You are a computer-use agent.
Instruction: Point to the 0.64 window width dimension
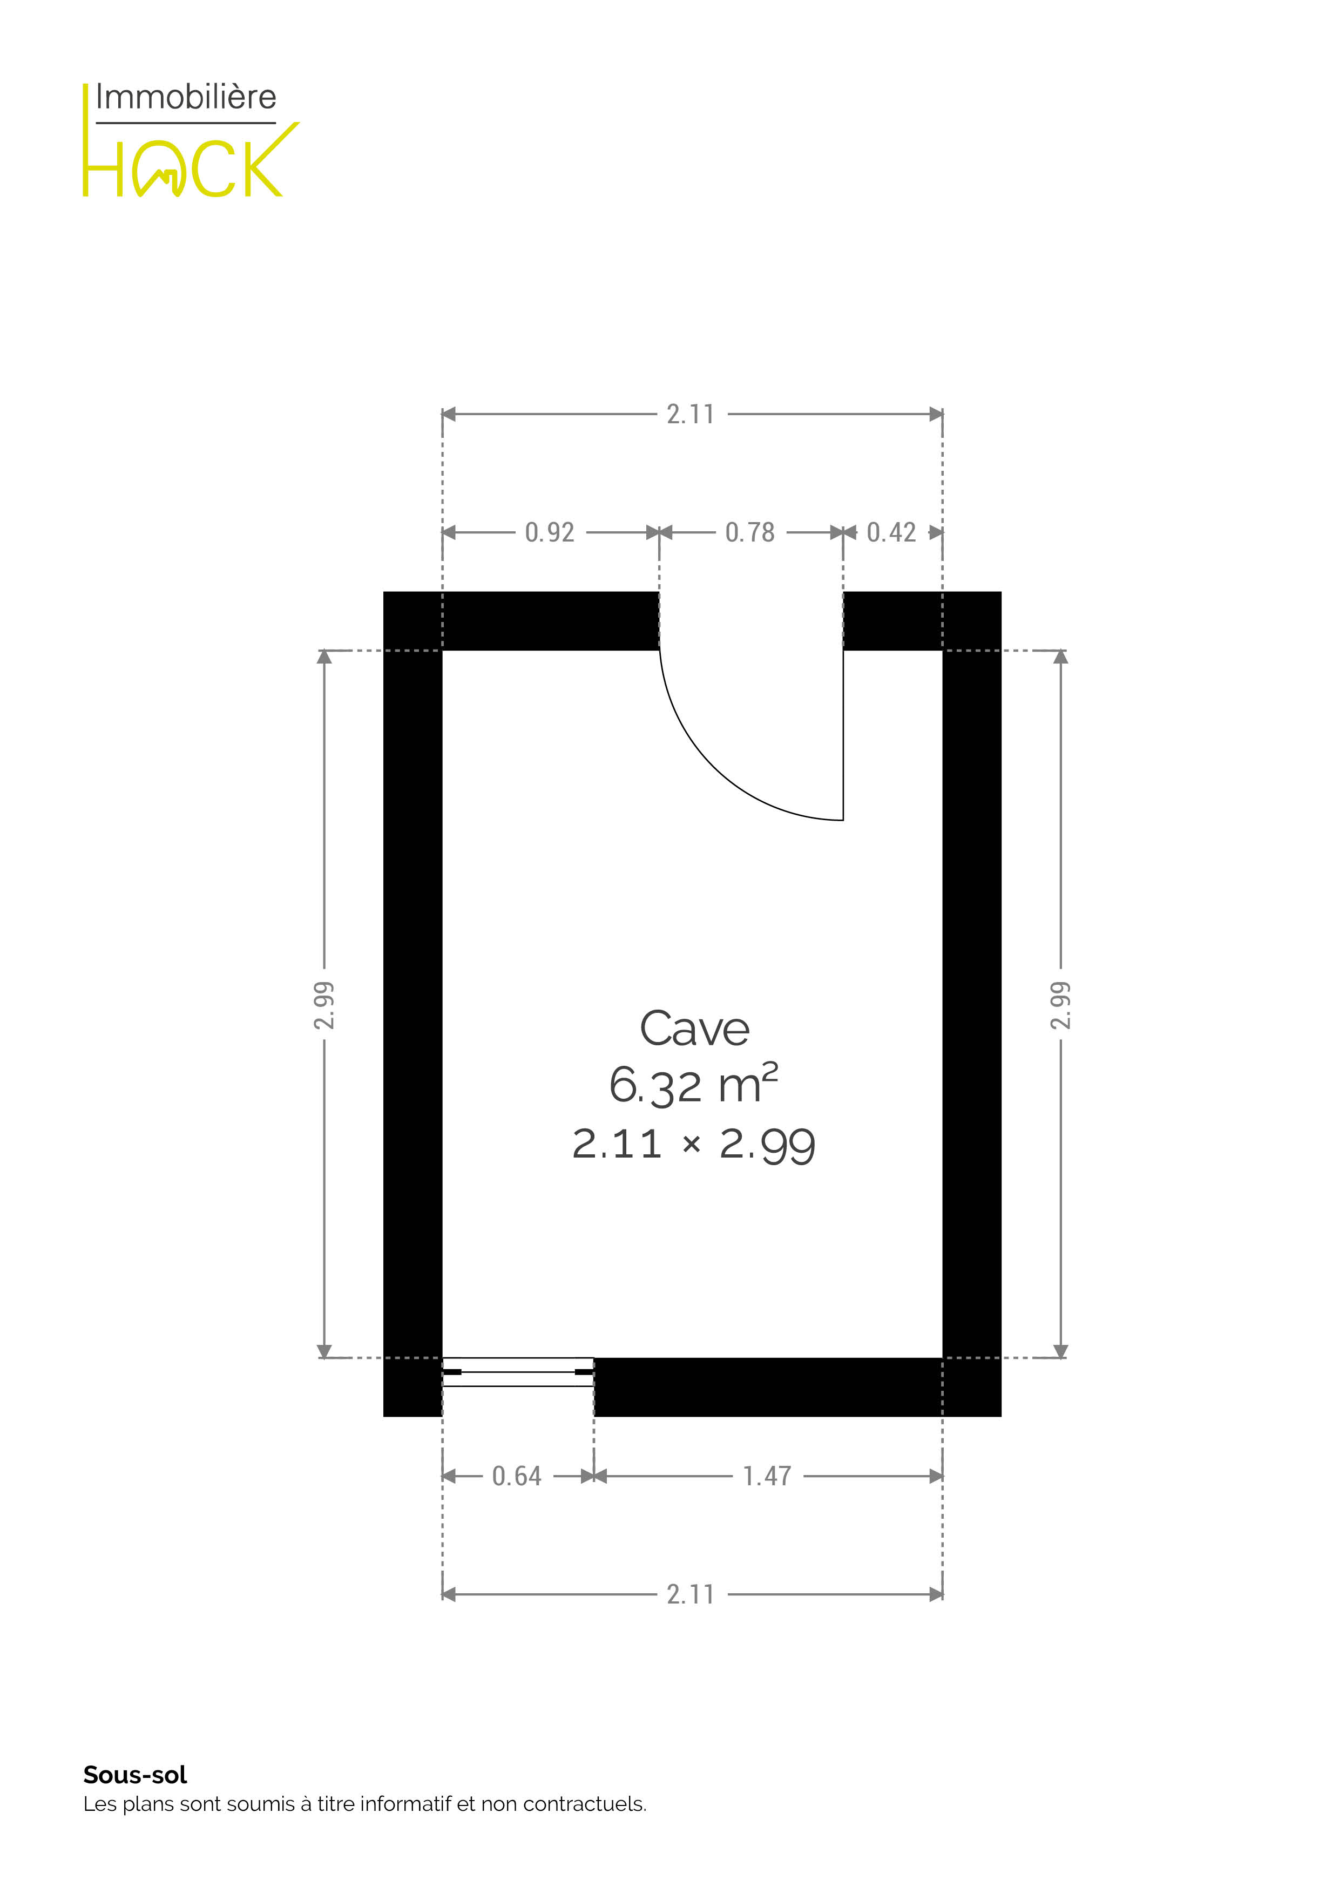click(517, 1476)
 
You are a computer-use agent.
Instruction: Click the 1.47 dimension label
click(767, 1476)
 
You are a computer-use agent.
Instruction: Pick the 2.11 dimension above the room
click(691, 414)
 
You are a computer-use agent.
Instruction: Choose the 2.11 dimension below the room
click(691, 1594)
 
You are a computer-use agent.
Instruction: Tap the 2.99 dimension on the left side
click(324, 1005)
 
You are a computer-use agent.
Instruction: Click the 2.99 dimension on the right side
click(1061, 1005)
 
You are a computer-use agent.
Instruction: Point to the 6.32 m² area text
click(694, 1084)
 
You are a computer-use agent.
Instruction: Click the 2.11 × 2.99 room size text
click(694, 1145)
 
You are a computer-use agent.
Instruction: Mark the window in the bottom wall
click(518, 1372)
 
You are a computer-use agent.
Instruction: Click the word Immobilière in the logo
click(186, 97)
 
